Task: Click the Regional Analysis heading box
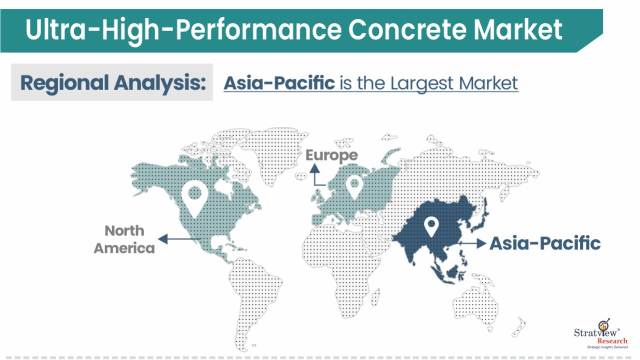[x=112, y=82]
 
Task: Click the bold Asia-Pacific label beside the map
[x=544, y=242]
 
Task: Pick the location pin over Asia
[x=431, y=227]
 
